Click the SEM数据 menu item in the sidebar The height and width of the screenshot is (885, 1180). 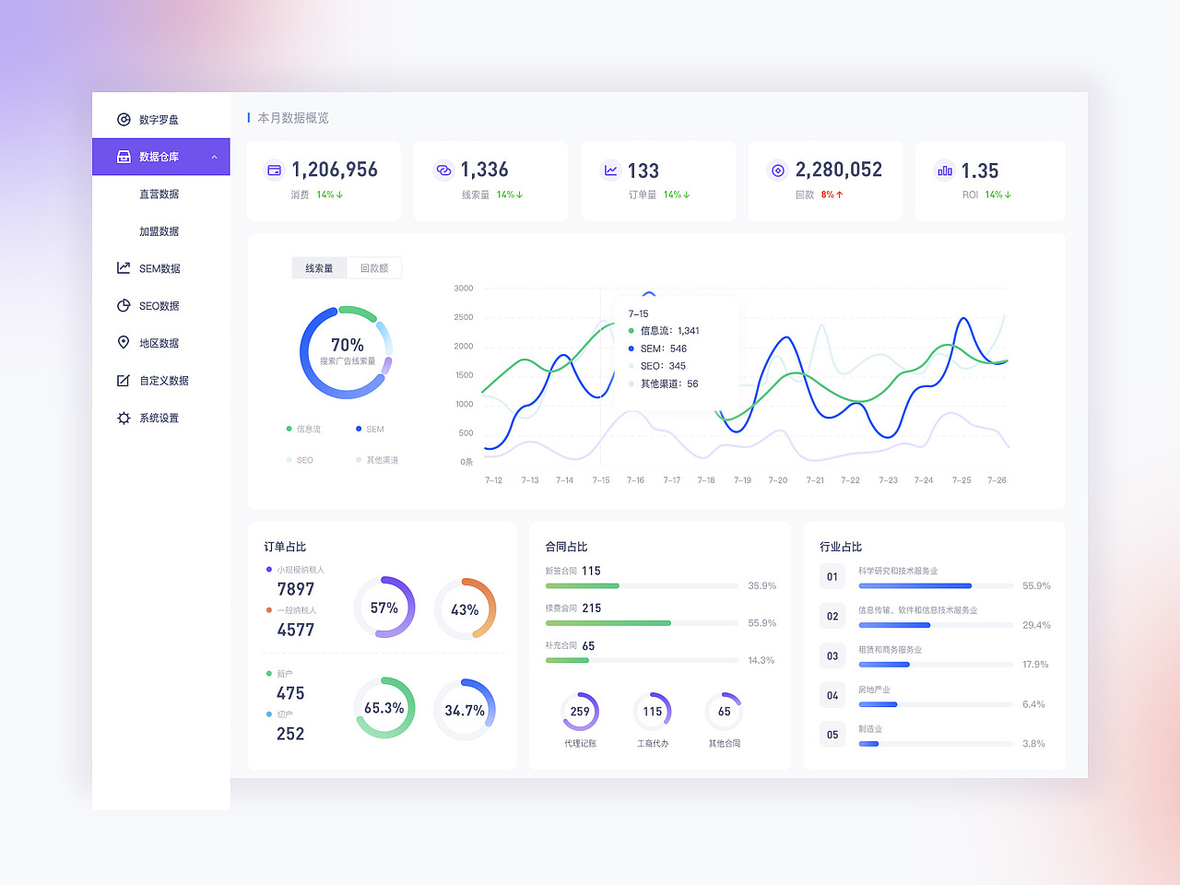pyautogui.click(x=159, y=268)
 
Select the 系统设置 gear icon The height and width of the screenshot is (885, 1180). pyautogui.click(x=124, y=418)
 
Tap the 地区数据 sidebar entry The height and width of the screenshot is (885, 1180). pyautogui.click(x=159, y=343)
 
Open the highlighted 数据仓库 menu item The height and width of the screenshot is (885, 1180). pyautogui.click(x=159, y=157)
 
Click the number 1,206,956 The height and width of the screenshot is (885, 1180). pyautogui.click(x=335, y=170)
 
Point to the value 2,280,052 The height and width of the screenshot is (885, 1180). pyautogui.click(x=838, y=170)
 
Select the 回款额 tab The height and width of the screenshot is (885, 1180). pyautogui.click(x=374, y=268)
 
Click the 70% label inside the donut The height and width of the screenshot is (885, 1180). pyautogui.click(x=348, y=345)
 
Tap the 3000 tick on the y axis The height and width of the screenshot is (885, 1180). pyautogui.click(x=464, y=289)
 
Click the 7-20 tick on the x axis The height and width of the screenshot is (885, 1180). pyautogui.click(x=778, y=480)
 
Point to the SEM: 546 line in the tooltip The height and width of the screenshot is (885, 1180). pyautogui.click(x=663, y=348)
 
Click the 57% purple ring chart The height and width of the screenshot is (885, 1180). pyautogui.click(x=384, y=608)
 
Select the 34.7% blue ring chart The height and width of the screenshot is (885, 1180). pyautogui.click(x=465, y=710)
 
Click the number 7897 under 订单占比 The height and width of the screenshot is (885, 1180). pyautogui.click(x=296, y=589)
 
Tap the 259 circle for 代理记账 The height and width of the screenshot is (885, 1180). pyautogui.click(x=580, y=712)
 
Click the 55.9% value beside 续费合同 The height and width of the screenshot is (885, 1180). pyautogui.click(x=761, y=623)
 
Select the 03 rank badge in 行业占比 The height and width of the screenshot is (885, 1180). pyautogui.click(x=832, y=655)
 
